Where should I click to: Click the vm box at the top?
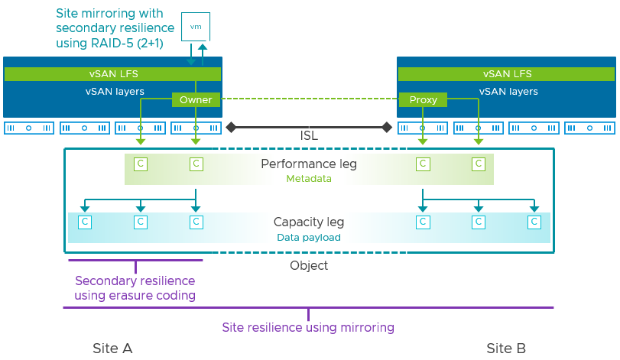(x=195, y=27)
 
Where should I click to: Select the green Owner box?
(x=196, y=100)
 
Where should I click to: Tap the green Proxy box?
(x=423, y=100)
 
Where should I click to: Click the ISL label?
(x=309, y=136)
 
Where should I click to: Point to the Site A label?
(x=112, y=349)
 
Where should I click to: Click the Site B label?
(x=506, y=349)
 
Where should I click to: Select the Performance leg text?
(x=309, y=164)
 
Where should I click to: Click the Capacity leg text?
(x=309, y=222)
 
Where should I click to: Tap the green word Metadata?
(x=309, y=178)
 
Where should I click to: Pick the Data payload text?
(x=309, y=237)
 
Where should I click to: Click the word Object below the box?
(x=309, y=266)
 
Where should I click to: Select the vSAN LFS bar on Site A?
(x=112, y=74)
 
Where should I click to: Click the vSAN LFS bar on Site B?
(x=507, y=74)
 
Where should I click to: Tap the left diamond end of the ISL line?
(x=232, y=127)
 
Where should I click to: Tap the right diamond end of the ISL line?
(x=387, y=127)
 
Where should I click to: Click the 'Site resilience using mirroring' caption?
(x=308, y=327)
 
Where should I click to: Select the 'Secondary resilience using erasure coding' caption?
(x=135, y=288)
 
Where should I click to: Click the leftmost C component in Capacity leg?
(x=85, y=222)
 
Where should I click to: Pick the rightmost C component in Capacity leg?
(x=534, y=222)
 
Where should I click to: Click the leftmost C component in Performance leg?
(x=140, y=163)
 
